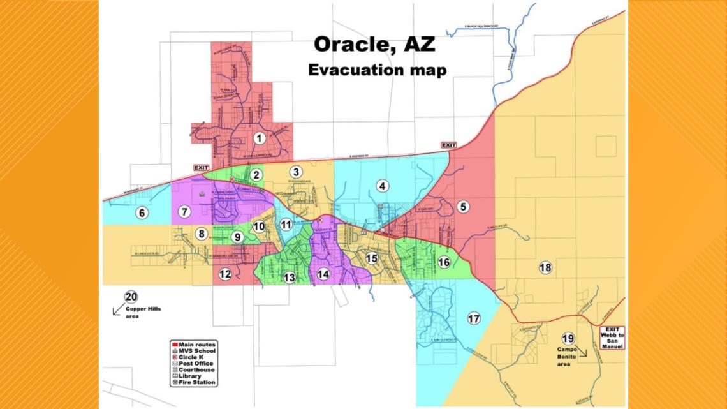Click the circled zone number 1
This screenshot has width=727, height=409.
259,137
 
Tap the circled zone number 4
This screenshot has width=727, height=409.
382,186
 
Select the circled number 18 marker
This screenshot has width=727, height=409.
545,268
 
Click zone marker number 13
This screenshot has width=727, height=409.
290,277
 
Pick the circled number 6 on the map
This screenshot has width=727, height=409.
142,213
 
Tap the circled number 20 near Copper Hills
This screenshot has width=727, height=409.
131,297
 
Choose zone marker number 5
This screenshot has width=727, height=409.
463,206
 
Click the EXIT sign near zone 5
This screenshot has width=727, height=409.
449,145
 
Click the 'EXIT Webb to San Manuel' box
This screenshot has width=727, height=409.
612,337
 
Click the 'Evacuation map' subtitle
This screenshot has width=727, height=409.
378,70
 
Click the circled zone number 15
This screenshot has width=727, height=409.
371,258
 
